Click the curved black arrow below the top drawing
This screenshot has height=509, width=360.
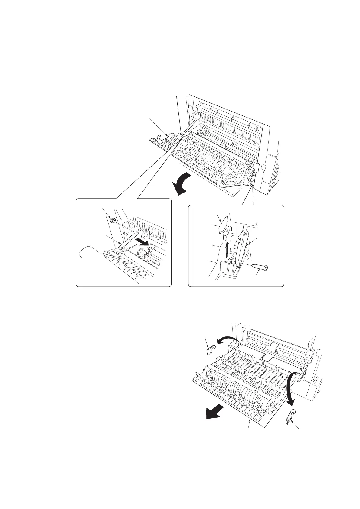182,184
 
